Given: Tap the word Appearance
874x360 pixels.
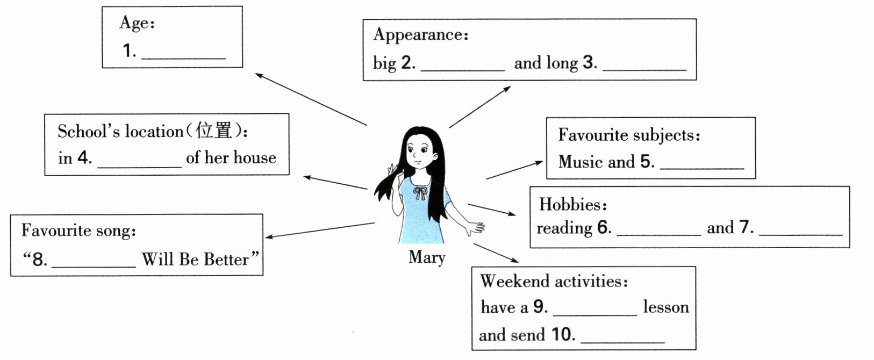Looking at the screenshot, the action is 418,35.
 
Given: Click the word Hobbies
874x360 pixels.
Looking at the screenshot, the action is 570,205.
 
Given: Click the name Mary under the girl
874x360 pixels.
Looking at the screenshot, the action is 427,257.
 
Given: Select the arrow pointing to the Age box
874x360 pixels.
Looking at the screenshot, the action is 311,99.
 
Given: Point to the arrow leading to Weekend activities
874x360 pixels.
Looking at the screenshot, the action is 496,253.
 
